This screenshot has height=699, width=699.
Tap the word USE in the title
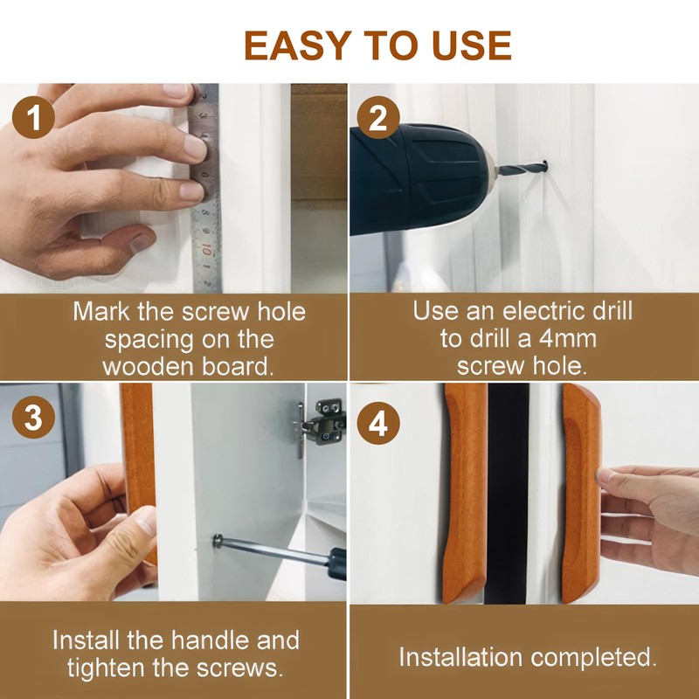(472, 45)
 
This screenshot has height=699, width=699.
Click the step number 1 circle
(33, 118)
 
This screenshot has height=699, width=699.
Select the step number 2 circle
(378, 118)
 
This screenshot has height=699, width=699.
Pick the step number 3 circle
(33, 418)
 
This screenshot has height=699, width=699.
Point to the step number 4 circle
(378, 424)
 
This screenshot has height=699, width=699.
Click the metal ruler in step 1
(206, 188)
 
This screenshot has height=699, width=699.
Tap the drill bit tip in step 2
(544, 167)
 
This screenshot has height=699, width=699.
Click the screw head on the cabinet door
(217, 540)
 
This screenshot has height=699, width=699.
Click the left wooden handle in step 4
(466, 493)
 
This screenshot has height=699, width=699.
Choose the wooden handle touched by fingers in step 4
(581, 493)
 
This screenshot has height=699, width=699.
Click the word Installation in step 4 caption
(460, 657)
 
